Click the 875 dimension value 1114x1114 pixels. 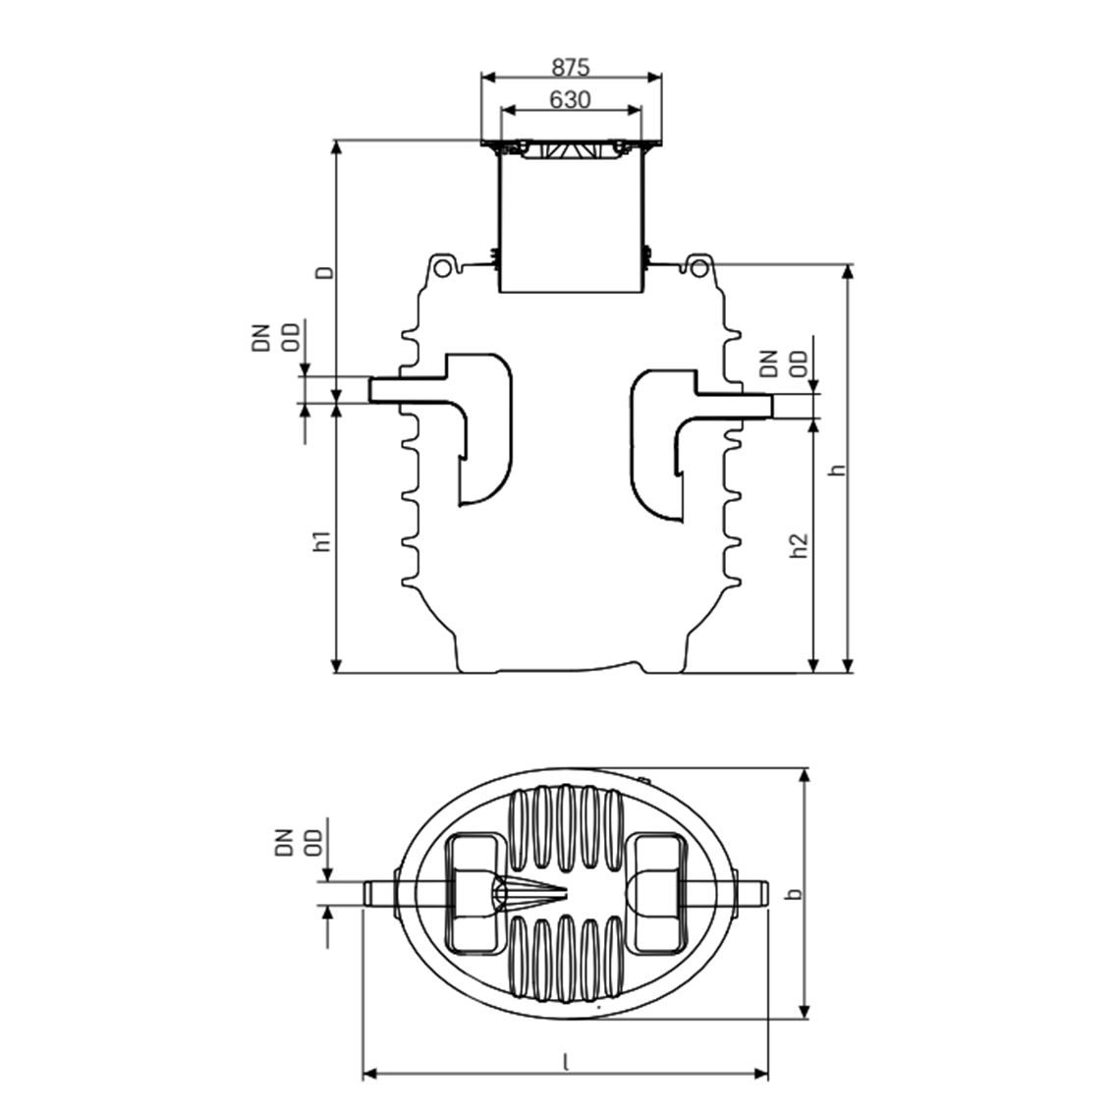coord(570,68)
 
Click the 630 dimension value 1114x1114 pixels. coord(570,100)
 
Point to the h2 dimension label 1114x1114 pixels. coord(800,546)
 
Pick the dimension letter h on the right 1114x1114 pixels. coord(837,470)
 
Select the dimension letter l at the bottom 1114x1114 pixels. coord(566,1061)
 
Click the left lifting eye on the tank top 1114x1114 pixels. coord(444,266)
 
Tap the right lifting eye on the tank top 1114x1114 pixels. coord(697,266)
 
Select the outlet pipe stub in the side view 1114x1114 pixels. coord(752,405)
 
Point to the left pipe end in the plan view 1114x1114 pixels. coord(379,894)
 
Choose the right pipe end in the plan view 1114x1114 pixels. coord(757,894)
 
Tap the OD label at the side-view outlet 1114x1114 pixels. coord(800,363)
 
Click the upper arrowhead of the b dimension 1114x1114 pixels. coord(806,776)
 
